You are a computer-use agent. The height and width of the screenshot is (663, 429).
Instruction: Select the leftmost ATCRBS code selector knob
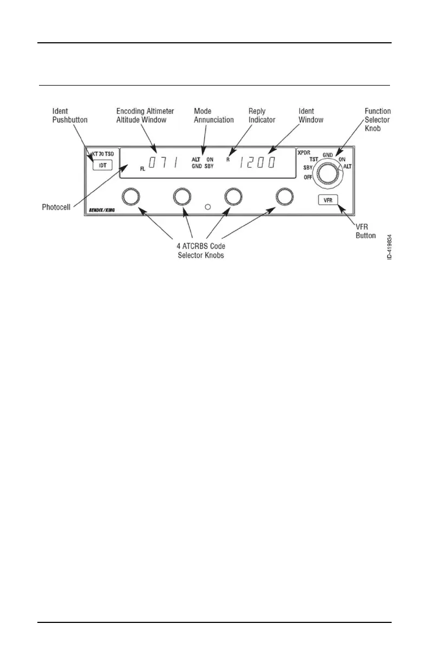pyautogui.click(x=131, y=198)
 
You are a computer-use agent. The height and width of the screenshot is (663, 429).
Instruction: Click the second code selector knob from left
pyautogui.click(x=183, y=198)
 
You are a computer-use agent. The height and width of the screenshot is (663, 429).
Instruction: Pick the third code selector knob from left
pyautogui.click(x=233, y=198)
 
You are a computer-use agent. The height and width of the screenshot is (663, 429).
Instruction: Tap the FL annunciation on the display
pyautogui.click(x=142, y=169)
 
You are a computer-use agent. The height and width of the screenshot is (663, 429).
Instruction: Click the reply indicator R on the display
pyautogui.click(x=228, y=160)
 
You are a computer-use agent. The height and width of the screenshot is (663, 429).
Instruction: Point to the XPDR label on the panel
pyautogui.click(x=303, y=153)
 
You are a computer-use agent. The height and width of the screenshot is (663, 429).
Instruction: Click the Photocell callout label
pyautogui.click(x=57, y=207)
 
